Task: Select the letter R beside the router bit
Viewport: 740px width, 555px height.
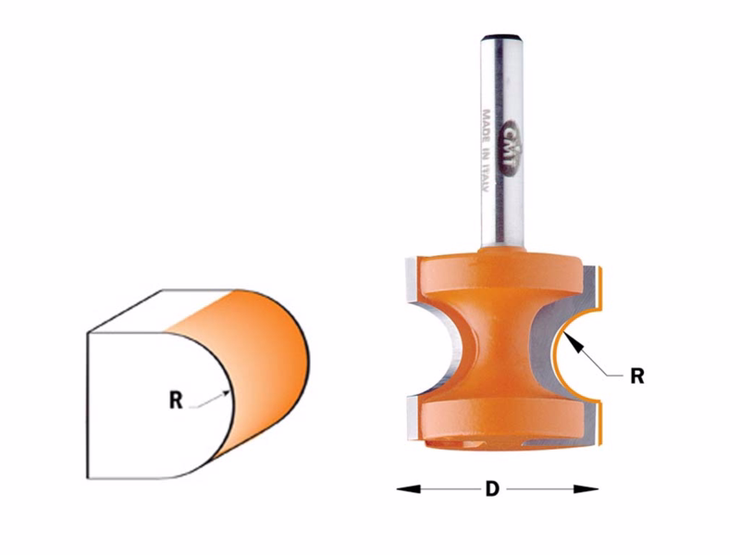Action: [x=635, y=376]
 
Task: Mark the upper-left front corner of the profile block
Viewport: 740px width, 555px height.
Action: [x=88, y=334]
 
